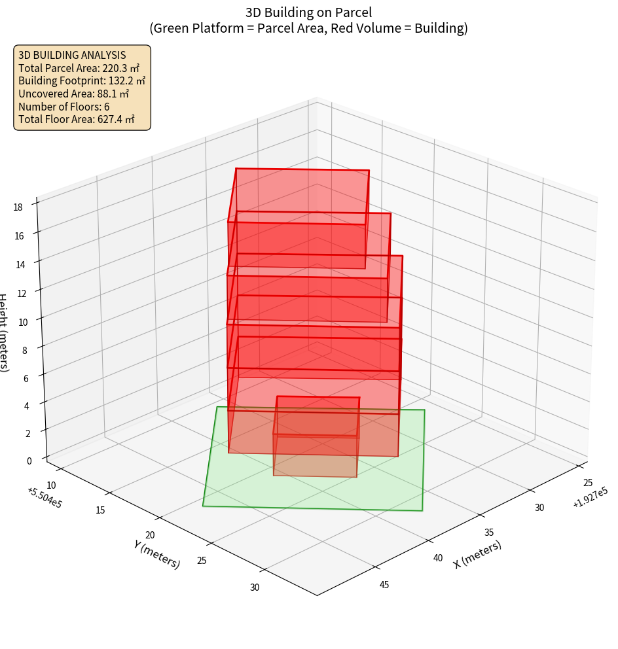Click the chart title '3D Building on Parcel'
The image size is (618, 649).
[308, 12]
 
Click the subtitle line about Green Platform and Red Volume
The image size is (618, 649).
[308, 28]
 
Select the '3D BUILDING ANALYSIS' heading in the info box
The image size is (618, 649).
[72, 55]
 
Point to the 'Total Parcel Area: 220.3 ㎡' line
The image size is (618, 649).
[79, 68]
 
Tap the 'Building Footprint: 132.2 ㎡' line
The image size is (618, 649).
[82, 80]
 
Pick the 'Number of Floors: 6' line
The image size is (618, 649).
[64, 107]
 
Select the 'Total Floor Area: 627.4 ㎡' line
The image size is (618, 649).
[77, 119]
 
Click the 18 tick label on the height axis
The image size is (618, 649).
[18, 207]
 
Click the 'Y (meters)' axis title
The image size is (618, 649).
[156, 553]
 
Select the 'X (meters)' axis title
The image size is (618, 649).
[477, 553]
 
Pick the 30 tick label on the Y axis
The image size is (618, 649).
[254, 587]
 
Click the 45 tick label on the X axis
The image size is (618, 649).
[384, 584]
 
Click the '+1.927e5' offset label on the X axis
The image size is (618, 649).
[590, 497]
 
